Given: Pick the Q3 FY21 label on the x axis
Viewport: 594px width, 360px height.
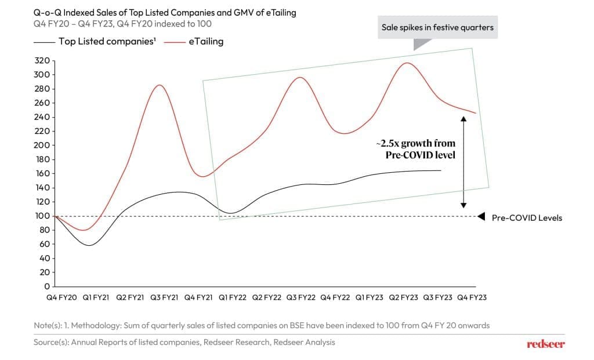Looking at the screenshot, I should (164, 297).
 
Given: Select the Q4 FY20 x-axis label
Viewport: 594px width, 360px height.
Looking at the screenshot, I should (61, 297).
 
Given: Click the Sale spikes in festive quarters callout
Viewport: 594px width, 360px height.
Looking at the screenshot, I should (437, 27).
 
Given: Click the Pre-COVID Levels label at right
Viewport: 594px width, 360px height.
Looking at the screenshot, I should (527, 218).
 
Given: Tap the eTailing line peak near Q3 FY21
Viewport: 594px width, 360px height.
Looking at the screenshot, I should (159, 85).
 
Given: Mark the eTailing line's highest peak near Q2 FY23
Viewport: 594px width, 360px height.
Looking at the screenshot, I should (408, 63).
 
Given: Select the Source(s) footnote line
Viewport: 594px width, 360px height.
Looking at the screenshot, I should (184, 342).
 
